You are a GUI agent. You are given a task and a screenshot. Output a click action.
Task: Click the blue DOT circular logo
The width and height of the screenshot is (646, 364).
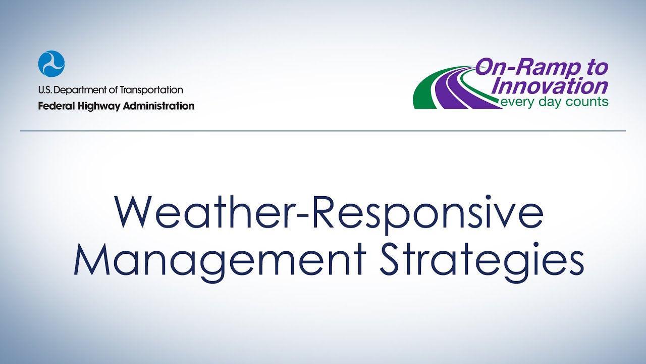[x=51, y=64]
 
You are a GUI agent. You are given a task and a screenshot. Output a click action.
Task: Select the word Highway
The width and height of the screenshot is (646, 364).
[x=96, y=106]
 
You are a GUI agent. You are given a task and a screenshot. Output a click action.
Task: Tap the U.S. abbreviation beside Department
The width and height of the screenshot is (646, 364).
[x=44, y=90]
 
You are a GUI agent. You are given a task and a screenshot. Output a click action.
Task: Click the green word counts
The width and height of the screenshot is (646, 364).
[x=587, y=102]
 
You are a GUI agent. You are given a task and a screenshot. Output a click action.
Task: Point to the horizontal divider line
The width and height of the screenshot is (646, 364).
[x=323, y=131]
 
